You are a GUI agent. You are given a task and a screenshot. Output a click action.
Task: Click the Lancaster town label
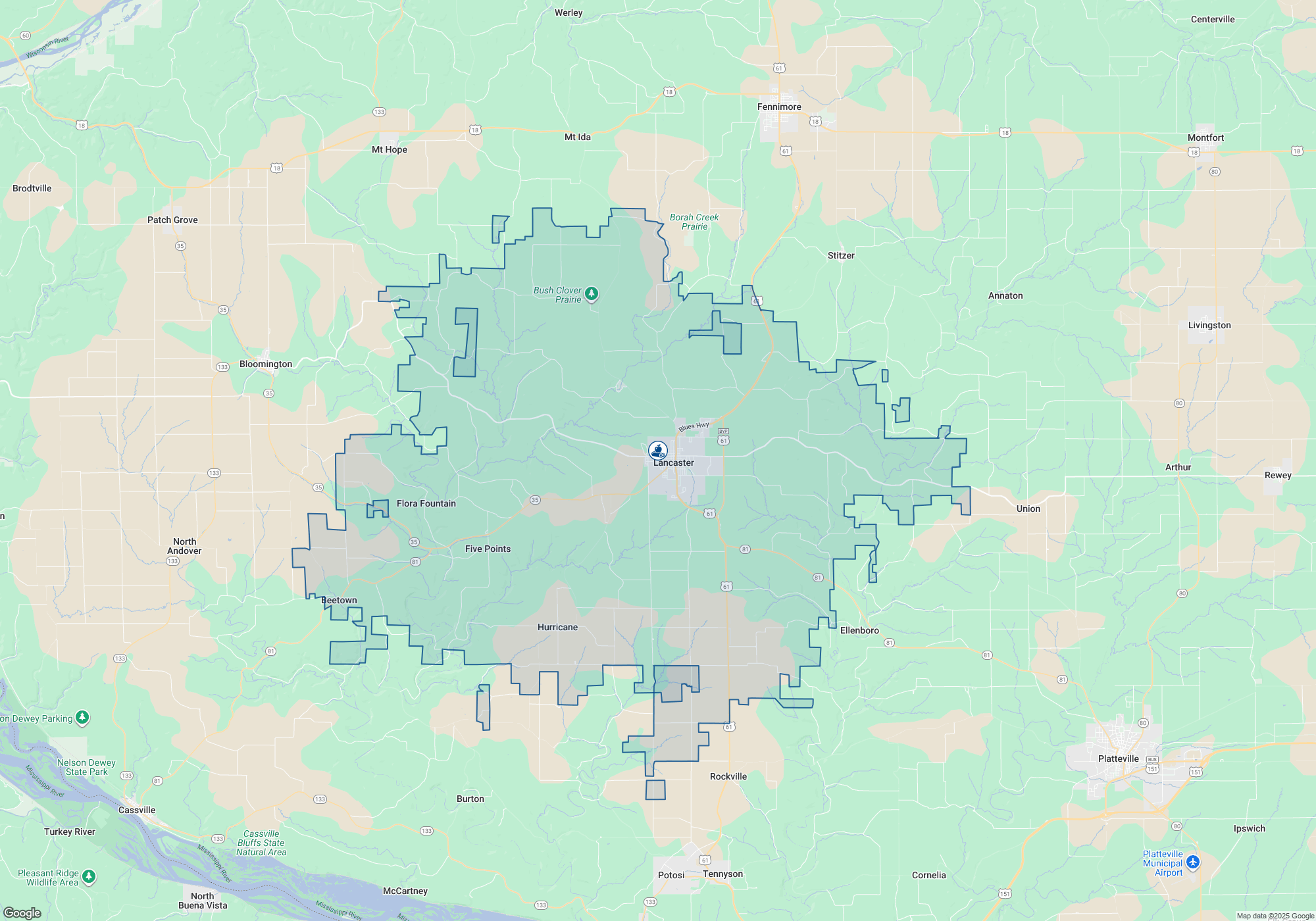673,463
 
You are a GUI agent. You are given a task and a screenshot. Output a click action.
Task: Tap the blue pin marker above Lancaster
657,451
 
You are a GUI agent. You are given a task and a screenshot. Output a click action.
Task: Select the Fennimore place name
779,107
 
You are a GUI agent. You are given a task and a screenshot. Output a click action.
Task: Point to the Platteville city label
1118,759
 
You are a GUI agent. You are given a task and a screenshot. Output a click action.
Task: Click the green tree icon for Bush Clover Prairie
592,293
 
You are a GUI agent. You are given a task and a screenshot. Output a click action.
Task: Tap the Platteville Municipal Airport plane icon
1192,862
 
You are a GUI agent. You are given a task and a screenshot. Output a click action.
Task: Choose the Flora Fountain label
426,504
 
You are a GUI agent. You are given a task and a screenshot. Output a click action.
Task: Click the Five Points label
488,549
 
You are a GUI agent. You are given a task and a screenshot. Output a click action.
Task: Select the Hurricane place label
557,628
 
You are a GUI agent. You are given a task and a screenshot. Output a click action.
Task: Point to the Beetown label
339,601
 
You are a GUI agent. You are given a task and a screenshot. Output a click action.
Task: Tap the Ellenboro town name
859,631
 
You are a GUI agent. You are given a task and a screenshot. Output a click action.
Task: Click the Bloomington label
266,364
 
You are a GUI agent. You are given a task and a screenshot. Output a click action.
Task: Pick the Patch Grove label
172,220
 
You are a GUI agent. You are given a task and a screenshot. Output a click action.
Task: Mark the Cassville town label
137,810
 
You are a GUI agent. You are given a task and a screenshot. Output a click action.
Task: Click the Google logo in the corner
22,913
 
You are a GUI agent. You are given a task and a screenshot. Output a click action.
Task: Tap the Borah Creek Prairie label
694,222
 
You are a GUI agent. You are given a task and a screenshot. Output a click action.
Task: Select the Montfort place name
1205,138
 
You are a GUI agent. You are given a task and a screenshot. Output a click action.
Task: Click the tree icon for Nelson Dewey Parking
82,717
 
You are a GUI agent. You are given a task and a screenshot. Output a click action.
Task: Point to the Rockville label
728,777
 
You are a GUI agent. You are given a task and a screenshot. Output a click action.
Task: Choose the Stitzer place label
841,256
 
